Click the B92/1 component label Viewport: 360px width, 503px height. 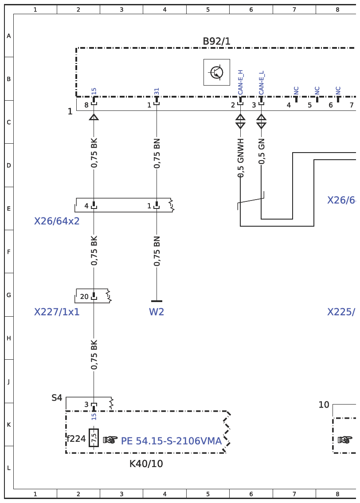click(216, 41)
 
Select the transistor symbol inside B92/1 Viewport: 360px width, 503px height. click(217, 72)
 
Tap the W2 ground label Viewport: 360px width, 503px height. click(157, 312)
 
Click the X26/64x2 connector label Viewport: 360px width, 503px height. click(57, 221)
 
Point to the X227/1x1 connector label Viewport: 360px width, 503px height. click(57, 312)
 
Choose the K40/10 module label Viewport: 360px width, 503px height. click(146, 464)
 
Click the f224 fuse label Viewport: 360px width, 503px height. click(76, 438)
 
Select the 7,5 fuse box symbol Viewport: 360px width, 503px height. click(94, 437)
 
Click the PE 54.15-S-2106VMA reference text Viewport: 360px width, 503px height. click(171, 441)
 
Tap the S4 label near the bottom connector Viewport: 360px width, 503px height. click(57, 398)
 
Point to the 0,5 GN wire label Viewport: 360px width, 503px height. click(262, 151)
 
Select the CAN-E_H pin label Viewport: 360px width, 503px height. click(240, 83)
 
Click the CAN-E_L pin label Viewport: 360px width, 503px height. click(261, 83)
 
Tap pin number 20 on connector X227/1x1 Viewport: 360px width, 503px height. click(84, 296)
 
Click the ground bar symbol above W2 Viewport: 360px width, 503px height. click(157, 301)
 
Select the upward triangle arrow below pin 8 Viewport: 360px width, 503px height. click(94, 117)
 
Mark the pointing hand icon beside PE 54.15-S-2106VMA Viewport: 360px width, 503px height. click(110, 440)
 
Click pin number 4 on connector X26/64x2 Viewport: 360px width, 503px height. click(86, 206)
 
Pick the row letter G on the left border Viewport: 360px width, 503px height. click(9, 295)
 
